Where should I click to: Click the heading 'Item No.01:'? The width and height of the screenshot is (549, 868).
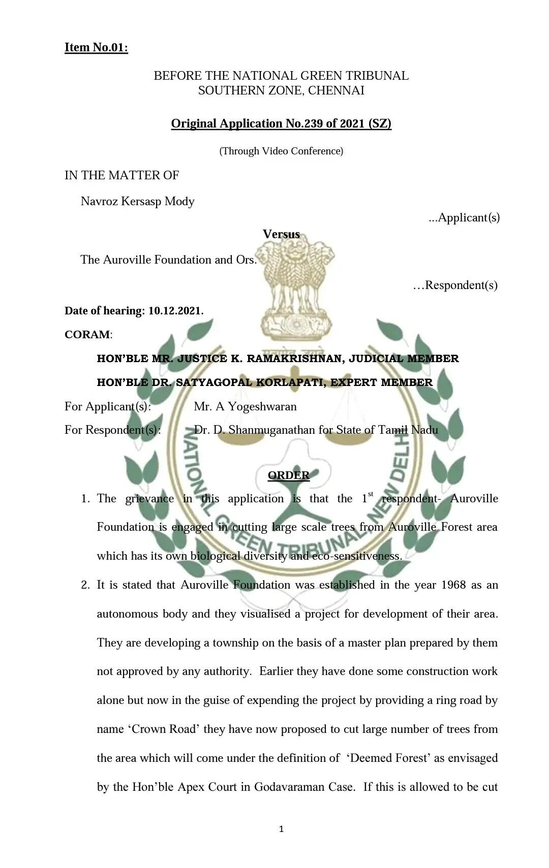click(96, 48)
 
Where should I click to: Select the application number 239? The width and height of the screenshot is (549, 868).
click(316, 123)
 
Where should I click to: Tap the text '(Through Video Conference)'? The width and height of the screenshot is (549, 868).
click(281, 151)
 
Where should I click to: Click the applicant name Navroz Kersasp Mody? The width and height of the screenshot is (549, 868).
click(137, 201)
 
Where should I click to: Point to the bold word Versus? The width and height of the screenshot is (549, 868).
click(281, 234)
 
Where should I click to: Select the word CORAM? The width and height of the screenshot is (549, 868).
click(87, 335)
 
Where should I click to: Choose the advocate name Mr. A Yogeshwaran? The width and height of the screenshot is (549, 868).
click(245, 406)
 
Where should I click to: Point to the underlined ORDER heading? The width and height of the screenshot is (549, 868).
click(288, 475)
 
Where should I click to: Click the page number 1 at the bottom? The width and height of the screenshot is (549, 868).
click(282, 829)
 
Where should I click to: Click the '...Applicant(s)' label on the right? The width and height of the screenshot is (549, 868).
click(464, 217)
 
